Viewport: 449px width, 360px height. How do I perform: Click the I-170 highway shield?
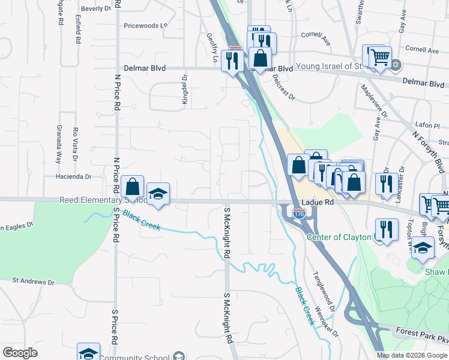tap(298, 213)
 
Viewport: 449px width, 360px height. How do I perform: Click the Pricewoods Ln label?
tap(144, 26)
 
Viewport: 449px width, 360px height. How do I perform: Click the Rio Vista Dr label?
tap(76, 145)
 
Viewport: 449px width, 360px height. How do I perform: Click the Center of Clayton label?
tap(339, 237)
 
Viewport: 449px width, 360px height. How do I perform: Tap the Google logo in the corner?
tap(20, 353)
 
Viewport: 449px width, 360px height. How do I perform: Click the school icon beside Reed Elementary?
tap(158, 194)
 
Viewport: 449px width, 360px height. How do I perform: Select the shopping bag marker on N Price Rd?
tap(133, 187)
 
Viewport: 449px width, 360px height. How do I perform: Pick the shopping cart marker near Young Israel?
tap(379, 58)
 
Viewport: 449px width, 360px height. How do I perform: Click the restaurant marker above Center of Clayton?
tap(387, 228)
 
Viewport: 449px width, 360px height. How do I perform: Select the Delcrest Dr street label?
tap(283, 86)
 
